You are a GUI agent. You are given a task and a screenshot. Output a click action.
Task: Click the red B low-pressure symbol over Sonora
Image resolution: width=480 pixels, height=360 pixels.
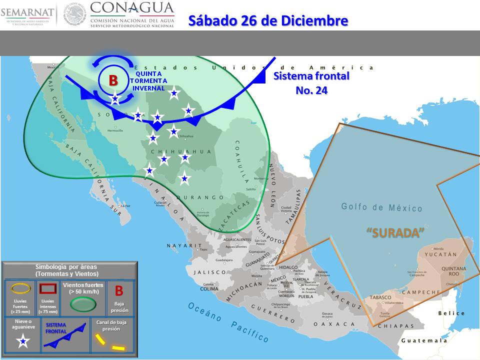click(x=113, y=80)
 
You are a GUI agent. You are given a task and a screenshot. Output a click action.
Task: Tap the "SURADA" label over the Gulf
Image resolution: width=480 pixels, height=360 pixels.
click(x=395, y=232)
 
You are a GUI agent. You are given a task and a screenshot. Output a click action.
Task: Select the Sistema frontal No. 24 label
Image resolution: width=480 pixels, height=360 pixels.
click(x=311, y=83)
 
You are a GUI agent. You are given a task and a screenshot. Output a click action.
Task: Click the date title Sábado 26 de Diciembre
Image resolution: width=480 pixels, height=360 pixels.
click(x=267, y=20)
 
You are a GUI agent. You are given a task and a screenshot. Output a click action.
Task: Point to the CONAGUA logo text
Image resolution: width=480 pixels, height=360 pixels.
click(x=132, y=8)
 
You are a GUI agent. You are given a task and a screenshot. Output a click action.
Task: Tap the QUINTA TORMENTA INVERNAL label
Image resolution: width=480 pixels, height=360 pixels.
click(x=148, y=80)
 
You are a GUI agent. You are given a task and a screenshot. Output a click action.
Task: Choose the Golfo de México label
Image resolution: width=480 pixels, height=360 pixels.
click(x=382, y=207)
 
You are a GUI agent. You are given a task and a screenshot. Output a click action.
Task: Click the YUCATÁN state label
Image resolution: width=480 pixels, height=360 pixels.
click(x=440, y=254)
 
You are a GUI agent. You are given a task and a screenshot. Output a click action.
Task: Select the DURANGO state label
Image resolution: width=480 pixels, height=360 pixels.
click(x=199, y=197)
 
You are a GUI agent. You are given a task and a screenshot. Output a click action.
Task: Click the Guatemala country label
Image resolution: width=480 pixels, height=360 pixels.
click(x=424, y=340)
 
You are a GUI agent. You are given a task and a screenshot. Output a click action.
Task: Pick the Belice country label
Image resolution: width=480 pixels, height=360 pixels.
click(x=451, y=313)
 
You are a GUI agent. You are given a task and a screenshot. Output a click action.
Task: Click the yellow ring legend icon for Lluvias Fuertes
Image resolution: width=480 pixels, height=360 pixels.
click(x=20, y=287)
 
